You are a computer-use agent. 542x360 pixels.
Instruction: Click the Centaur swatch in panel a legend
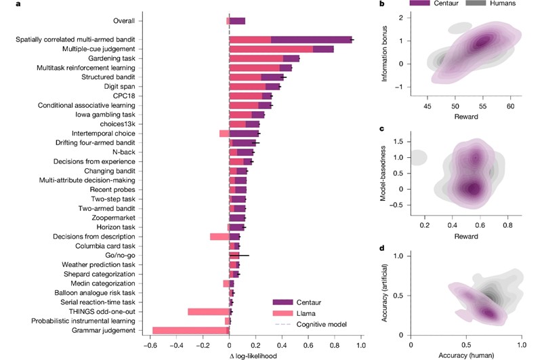282,302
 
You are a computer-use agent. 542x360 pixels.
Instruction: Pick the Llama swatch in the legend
282,313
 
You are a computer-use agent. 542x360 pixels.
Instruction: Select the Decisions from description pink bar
220,237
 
